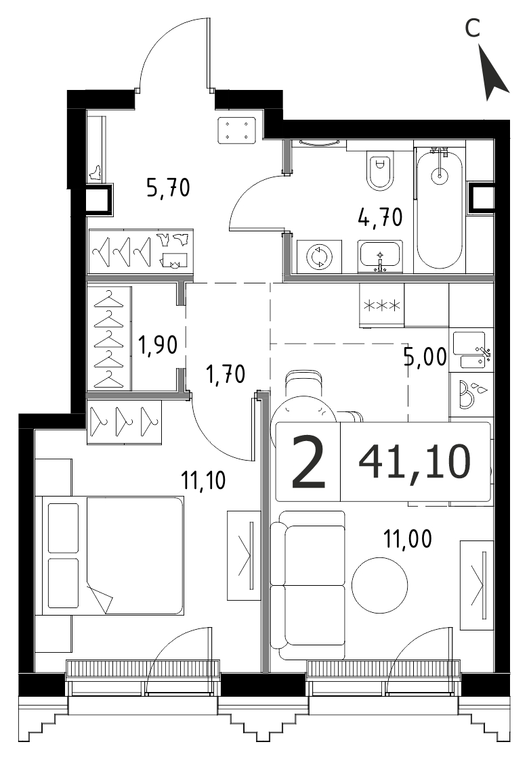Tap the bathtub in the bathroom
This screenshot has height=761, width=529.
click(440, 209)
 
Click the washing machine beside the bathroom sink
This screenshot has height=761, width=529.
click(318, 257)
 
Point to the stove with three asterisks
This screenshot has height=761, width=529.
click(381, 305)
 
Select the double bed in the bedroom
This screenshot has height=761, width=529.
click(112, 555)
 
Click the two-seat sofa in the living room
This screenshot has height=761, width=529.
click(308, 585)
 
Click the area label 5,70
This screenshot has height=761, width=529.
click(168, 187)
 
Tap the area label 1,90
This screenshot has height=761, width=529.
click(157, 345)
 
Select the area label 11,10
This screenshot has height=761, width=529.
click(203, 481)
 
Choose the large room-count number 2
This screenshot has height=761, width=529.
click(308, 462)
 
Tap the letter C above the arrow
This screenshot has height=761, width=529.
click(472, 28)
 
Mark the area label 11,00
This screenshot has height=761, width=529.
click(408, 538)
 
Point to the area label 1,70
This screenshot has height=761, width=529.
click(226, 375)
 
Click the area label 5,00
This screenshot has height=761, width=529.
click(425, 357)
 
